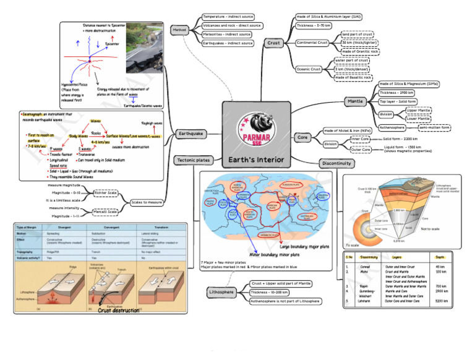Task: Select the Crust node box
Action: (x=273, y=43)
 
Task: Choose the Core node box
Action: (x=303, y=137)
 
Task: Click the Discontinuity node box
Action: (x=337, y=164)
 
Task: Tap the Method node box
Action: (x=179, y=30)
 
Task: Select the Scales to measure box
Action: (x=147, y=202)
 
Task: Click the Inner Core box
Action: (x=360, y=140)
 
